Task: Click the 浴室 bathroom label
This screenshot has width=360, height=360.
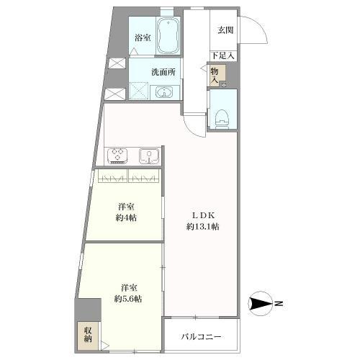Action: click(143, 37)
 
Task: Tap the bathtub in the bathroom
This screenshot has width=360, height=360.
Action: click(168, 36)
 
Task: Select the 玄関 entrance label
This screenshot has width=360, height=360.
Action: click(225, 30)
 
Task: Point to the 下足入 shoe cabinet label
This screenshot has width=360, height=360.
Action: click(223, 56)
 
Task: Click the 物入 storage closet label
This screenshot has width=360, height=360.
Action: click(215, 76)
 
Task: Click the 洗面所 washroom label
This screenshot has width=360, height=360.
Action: click(163, 72)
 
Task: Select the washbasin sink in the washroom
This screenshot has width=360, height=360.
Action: click(164, 92)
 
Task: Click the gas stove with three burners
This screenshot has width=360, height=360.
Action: click(117, 156)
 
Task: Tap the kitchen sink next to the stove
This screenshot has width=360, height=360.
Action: click(149, 156)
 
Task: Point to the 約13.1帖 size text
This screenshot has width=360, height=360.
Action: click(203, 227)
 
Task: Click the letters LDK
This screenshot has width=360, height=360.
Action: click(203, 215)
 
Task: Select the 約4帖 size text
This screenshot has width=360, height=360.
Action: click(126, 217)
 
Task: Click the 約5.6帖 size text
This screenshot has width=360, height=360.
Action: click(128, 299)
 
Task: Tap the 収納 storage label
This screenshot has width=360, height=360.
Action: click(88, 335)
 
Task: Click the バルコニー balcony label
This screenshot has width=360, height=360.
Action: click(201, 337)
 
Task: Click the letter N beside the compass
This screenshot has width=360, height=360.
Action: click(279, 303)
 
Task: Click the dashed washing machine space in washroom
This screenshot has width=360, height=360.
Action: click(139, 91)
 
